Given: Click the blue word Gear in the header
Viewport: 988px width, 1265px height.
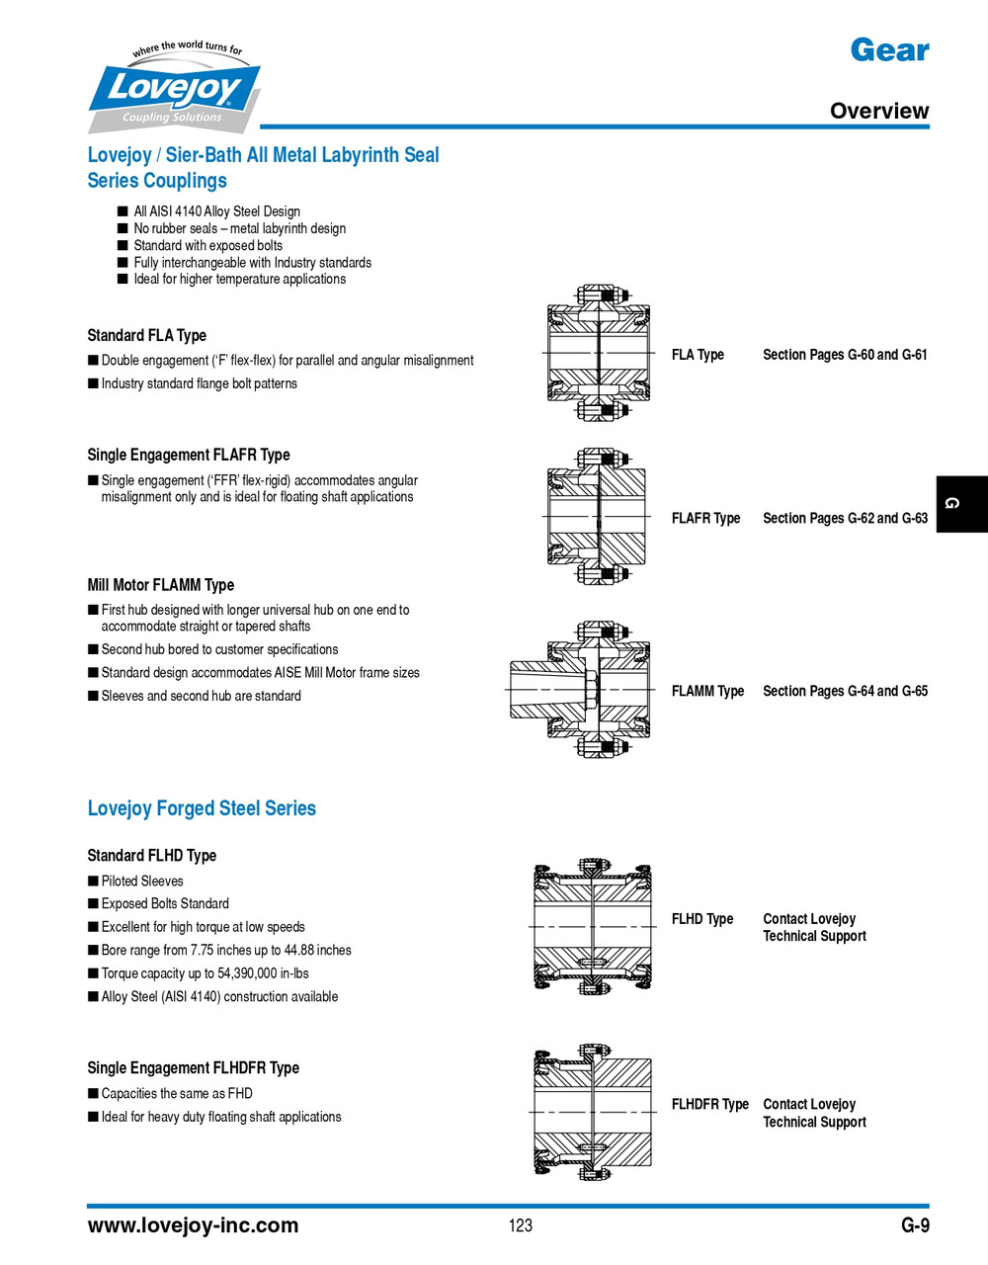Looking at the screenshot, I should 889,50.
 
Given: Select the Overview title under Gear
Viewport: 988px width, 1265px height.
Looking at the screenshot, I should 878,111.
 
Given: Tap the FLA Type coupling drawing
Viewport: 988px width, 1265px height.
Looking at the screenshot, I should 599,353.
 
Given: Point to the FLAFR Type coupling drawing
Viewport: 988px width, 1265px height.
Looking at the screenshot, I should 597,517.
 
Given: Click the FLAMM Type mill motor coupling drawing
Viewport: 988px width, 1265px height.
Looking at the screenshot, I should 581,690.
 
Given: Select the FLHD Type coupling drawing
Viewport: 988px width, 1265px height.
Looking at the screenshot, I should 593,926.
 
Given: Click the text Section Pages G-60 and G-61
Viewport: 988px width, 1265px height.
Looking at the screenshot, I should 845,355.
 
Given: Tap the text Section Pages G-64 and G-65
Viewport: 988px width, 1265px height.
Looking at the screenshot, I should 845,691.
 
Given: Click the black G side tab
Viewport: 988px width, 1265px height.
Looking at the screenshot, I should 961,504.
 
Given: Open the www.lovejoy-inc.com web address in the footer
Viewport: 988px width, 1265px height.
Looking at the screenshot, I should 193,1225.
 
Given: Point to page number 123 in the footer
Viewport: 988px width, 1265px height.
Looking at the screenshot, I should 521,1225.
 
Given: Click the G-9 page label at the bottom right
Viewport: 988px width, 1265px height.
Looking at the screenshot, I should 915,1225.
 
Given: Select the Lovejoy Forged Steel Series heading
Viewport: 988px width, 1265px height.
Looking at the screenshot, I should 202,808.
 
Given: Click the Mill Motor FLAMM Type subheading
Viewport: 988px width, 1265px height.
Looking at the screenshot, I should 160,585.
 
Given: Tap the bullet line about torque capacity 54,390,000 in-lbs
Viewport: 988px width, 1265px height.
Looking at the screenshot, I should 205,973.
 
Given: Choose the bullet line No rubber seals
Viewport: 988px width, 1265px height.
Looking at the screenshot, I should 239,228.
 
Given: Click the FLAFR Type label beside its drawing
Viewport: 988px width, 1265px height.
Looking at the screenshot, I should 705,518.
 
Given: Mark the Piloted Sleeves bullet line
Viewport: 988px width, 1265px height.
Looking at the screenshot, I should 141,881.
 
